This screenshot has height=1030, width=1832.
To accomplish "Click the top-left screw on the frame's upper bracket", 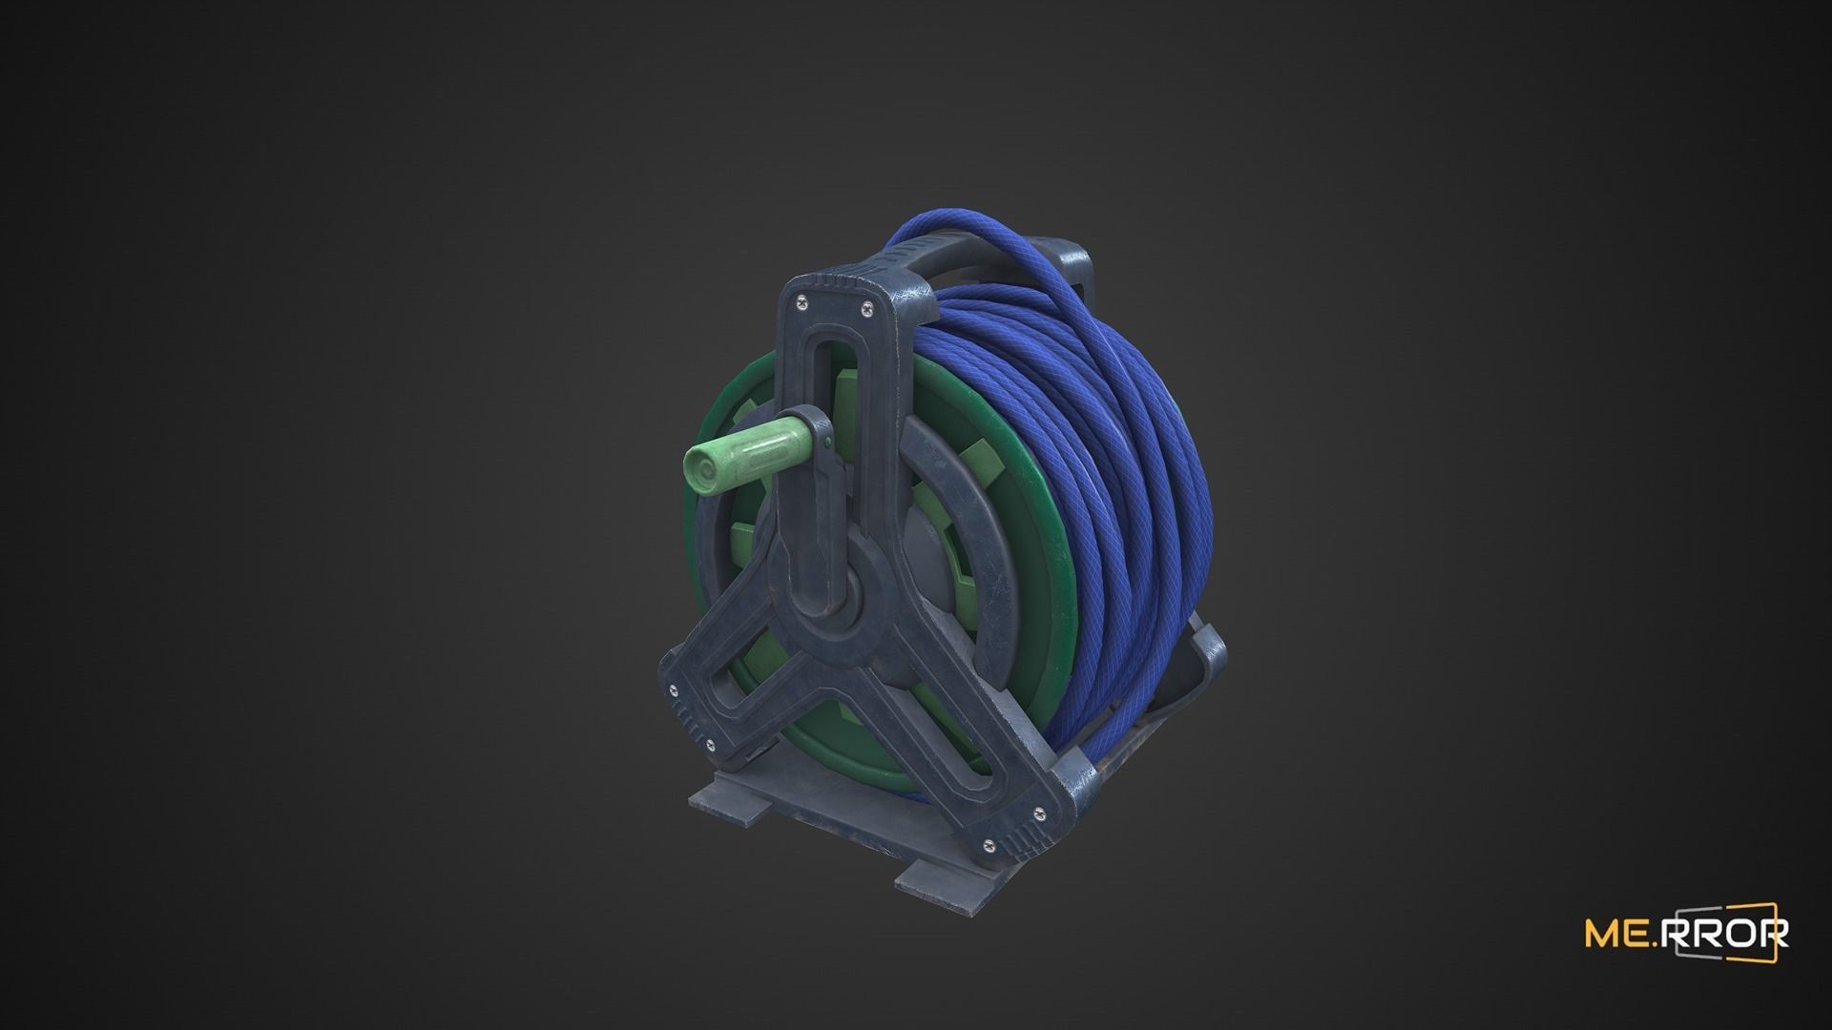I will tap(799, 302).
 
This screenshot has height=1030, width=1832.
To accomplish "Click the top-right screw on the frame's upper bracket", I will tap(866, 306).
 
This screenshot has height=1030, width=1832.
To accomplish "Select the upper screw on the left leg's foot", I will tap(674, 690).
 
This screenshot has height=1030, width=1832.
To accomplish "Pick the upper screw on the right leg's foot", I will tap(1038, 812).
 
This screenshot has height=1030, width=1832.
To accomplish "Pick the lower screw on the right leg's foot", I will tap(987, 842).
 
